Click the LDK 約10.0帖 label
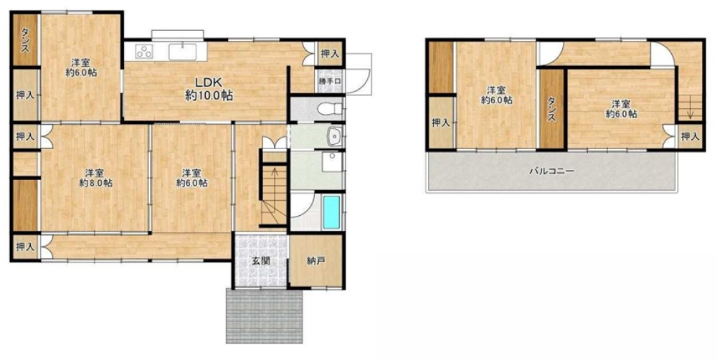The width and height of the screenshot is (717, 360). click(209, 89)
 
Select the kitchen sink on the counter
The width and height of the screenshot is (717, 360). click(182, 51)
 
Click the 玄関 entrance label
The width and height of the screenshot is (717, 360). click(260, 261)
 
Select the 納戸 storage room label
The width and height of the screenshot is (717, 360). click(316, 261)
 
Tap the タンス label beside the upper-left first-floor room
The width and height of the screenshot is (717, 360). click(25, 39)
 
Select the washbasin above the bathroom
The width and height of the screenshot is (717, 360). click(335, 136)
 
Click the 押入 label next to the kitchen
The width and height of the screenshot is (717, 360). click(330, 54)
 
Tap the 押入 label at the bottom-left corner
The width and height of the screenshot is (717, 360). click(25, 247)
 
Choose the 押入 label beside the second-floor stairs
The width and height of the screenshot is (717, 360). click(690, 136)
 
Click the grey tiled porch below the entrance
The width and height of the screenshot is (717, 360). click(265, 316)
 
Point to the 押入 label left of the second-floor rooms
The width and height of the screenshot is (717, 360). click(440, 123)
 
